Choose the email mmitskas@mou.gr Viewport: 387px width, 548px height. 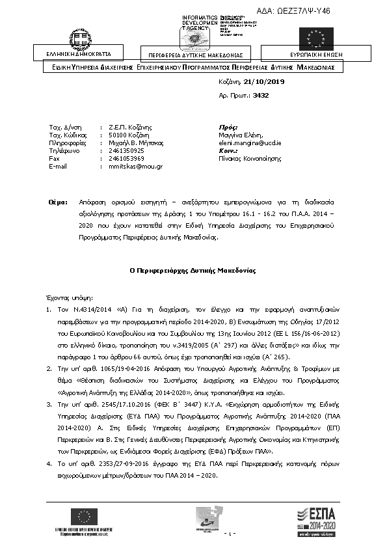[x=135, y=166]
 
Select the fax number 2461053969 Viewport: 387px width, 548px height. [x=126, y=158]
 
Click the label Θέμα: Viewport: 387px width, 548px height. [x=58, y=202]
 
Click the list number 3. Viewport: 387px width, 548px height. [x=49, y=423]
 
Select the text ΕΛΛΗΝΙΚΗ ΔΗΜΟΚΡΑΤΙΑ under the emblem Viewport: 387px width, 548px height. [x=79, y=53]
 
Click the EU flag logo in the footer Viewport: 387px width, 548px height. [x=83, y=517]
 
